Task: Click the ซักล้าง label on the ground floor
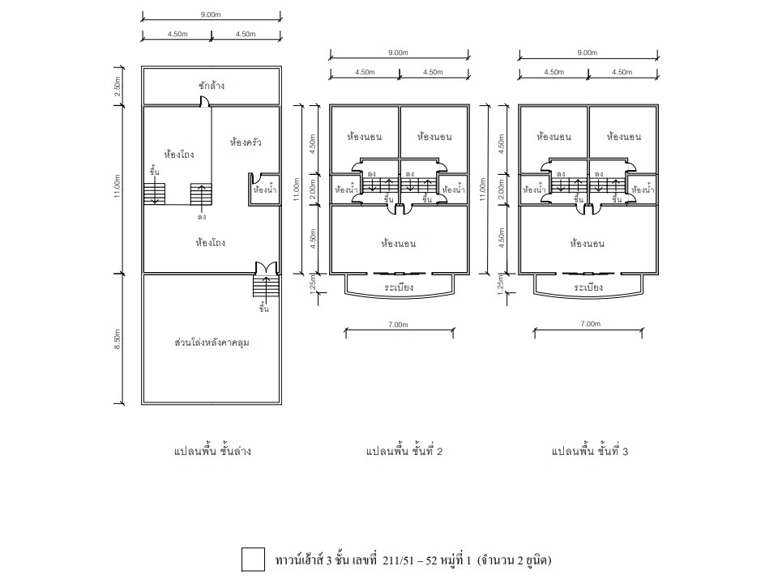tap(212, 85)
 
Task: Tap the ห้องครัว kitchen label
tap(245, 143)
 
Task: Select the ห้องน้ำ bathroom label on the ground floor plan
tap(264, 189)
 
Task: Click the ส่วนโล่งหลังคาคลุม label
tap(212, 343)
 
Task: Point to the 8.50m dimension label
tap(118, 339)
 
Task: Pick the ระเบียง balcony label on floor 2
tap(399, 287)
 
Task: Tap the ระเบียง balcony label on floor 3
tap(588, 287)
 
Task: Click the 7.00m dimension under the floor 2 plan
tap(399, 325)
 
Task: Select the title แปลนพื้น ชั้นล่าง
tap(212, 451)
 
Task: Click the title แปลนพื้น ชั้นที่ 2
tap(404, 451)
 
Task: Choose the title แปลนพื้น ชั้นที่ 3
tap(589, 451)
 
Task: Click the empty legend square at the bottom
tap(253, 560)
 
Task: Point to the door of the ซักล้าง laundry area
tap(204, 102)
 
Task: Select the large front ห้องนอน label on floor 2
tap(399, 244)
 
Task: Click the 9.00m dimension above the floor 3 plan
tap(588, 53)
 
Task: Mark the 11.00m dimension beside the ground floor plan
tap(118, 186)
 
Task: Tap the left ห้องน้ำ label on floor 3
tap(534, 189)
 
